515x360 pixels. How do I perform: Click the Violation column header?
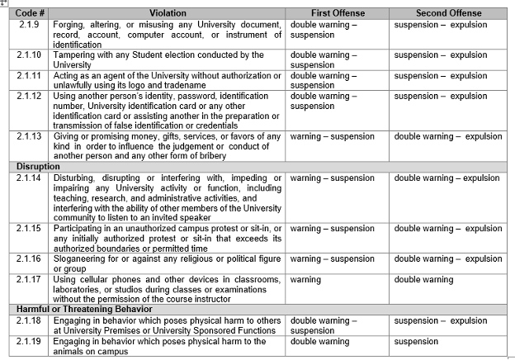point(168,13)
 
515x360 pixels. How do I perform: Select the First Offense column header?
point(338,13)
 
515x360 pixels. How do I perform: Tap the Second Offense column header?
point(448,13)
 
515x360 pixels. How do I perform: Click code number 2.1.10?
point(30,54)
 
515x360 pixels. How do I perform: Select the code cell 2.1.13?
point(30,136)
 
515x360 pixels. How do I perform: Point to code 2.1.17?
point(30,279)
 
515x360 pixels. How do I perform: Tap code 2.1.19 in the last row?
point(30,341)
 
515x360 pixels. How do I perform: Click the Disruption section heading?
point(39,166)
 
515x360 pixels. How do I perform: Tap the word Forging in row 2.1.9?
point(70,25)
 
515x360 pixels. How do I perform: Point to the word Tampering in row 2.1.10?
point(77,54)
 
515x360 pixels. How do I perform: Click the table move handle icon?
point(5,3)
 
